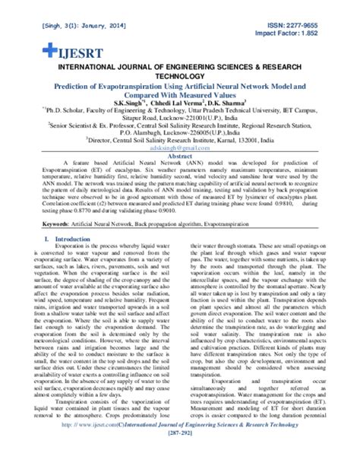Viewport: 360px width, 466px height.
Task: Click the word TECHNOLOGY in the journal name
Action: click(x=179, y=77)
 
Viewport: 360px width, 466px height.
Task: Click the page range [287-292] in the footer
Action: click(x=179, y=458)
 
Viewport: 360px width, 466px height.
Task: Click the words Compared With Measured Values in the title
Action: click(x=180, y=97)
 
